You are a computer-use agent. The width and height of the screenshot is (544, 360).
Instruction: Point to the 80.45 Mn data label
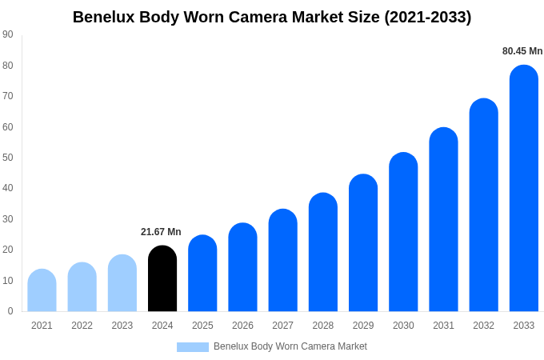522,51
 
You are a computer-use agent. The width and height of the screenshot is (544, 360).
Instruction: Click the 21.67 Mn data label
161,232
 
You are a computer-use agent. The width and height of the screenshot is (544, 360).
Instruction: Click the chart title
272,17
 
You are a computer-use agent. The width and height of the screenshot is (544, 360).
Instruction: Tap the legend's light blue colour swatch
193,347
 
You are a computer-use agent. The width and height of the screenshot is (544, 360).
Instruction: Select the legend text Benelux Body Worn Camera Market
290,346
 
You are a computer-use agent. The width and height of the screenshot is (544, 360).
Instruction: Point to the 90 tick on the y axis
8,34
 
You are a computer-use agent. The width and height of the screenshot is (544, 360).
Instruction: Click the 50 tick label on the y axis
8,158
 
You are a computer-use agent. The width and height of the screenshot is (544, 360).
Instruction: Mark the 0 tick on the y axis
10,311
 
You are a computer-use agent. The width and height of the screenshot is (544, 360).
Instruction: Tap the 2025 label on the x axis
202,326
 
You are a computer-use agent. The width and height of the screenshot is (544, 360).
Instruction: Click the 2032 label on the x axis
483,326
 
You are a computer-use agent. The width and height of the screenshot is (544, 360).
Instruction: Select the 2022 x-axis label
82,326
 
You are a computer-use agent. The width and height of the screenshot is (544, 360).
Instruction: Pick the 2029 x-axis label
363,326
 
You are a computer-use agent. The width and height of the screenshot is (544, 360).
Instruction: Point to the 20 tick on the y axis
8,250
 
